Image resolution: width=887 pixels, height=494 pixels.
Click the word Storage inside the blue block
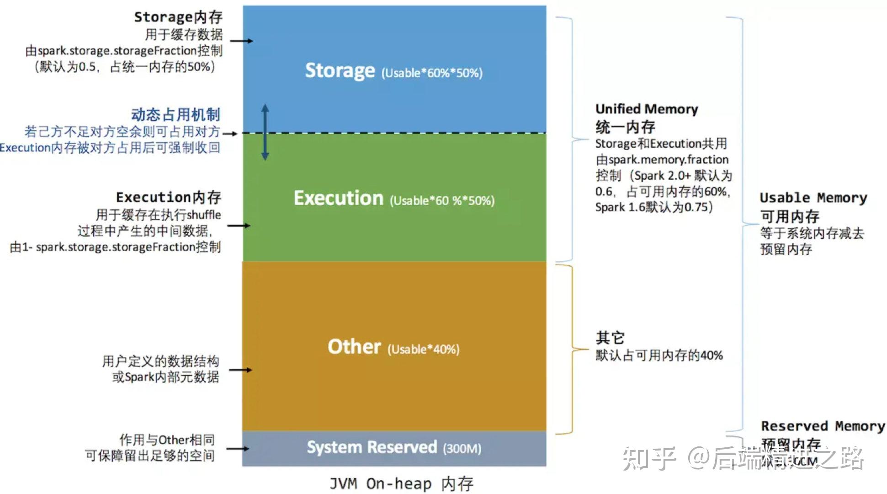pos(340,71)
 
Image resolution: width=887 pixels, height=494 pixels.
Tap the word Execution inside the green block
pos(338,198)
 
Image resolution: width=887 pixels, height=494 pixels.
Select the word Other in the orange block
pos(354,347)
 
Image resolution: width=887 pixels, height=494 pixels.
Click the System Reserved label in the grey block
pos(372,447)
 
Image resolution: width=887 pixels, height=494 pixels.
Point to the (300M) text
pos(462,448)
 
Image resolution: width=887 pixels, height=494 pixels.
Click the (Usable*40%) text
pos(423,349)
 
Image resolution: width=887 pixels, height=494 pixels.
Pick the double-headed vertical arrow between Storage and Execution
pos(265,132)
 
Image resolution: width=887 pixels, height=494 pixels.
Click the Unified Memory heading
pos(646,109)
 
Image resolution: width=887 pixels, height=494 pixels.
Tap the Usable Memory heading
pos(813,198)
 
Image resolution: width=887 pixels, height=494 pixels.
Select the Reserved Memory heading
pos(823,426)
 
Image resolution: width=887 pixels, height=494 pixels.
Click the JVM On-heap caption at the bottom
pos(401,483)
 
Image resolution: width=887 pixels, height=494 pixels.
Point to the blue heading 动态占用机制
pos(175,114)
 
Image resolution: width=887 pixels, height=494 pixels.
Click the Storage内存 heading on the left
pos(178,17)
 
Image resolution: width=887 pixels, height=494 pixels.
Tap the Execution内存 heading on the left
pos(168,197)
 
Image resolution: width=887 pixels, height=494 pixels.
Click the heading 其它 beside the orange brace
pos(610,338)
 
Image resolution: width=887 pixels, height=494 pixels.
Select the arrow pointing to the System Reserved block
pos(238,448)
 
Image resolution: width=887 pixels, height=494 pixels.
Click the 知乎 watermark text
pos(649,458)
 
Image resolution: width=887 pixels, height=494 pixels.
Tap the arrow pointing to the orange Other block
pos(240,370)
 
